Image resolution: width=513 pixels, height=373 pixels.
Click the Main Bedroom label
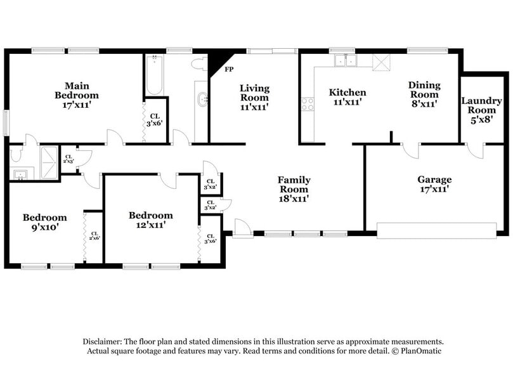76,95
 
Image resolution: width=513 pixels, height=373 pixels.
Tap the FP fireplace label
228,69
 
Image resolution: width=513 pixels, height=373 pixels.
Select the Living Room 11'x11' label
254,98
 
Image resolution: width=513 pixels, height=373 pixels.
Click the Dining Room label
424,95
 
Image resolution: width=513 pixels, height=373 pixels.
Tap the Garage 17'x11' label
434,184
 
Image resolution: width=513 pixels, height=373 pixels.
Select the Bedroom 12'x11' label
150,219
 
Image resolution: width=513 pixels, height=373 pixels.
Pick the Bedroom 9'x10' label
44,221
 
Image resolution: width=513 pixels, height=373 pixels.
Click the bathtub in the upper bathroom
154,76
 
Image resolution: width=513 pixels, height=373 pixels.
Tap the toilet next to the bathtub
198,63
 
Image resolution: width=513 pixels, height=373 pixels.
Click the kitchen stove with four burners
308,104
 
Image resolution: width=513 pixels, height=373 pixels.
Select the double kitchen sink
346,61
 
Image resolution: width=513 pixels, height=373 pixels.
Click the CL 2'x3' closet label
68,159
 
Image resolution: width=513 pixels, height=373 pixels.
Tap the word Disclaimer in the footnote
101,341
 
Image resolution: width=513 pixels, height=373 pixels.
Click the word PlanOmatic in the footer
419,351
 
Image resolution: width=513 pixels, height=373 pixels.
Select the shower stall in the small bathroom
48,155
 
